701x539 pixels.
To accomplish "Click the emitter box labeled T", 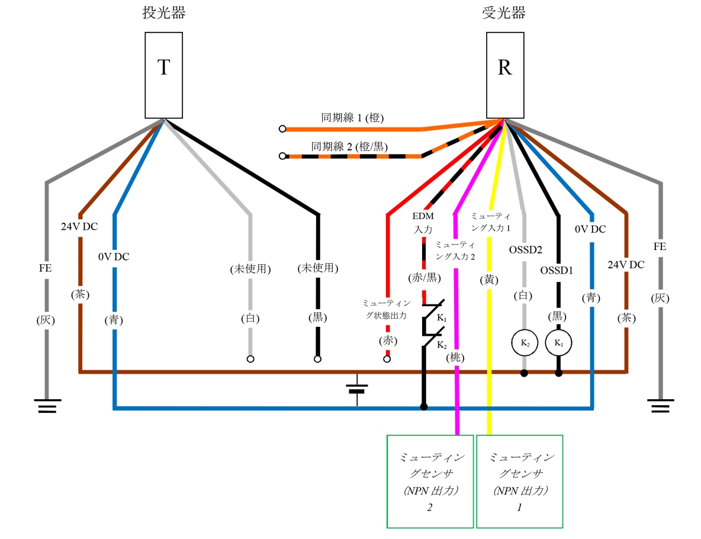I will pyautogui.click(x=163, y=75).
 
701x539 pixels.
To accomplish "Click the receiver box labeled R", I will pyautogui.click(x=504, y=75).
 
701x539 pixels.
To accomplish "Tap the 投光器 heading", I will pyautogui.click(x=163, y=13).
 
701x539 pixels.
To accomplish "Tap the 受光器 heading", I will pyautogui.click(x=504, y=13).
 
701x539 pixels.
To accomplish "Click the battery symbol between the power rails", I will pyautogui.click(x=357, y=389).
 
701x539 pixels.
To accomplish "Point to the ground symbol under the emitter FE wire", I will pyautogui.click(x=46, y=406).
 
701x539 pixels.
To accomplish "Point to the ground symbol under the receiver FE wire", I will pyautogui.click(x=660, y=406).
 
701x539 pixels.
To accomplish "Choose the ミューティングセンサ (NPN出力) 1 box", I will pyautogui.click(x=519, y=481).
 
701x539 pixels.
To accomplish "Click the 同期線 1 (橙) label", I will pyautogui.click(x=352, y=118).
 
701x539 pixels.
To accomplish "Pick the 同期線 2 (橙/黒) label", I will pyautogui.click(x=349, y=145).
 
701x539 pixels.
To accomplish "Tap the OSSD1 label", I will pyautogui.click(x=557, y=270).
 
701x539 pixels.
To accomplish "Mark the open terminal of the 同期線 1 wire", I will pyautogui.click(x=282, y=129).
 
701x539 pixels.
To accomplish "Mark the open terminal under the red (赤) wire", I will pyautogui.click(x=387, y=359).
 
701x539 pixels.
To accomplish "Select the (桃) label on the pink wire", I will pyautogui.click(x=456, y=357).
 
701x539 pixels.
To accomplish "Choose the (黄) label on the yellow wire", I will pyautogui.click(x=490, y=280).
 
